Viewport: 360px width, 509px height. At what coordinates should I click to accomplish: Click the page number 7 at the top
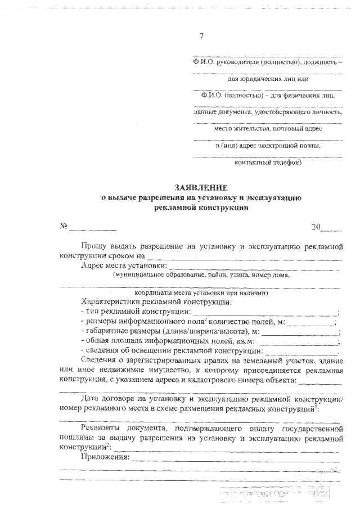coord(202,37)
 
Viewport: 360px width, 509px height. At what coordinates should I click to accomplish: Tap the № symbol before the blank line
coord(63,227)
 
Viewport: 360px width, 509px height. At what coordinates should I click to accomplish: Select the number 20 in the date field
coord(316,227)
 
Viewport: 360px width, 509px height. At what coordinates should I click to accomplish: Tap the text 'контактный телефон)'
coord(268,163)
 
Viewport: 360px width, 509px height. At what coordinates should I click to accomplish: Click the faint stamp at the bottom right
coord(276,495)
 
